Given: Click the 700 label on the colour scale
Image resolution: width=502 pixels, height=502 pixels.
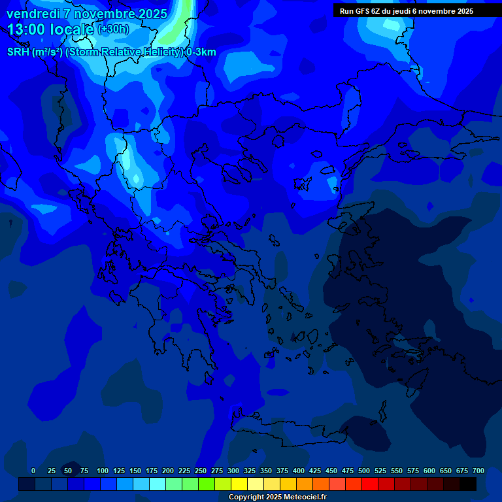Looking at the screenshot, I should coord(478,471).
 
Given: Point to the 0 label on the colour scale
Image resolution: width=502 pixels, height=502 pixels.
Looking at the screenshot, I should coord(33,471).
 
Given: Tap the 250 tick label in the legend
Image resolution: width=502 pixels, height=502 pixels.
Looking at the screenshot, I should coord(201,471).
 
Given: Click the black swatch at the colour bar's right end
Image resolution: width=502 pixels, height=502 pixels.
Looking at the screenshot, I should coord(468,484).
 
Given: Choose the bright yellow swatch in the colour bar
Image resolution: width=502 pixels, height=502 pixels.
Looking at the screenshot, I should coord(239,484).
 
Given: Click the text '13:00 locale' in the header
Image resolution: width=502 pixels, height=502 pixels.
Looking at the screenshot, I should coord(51,29).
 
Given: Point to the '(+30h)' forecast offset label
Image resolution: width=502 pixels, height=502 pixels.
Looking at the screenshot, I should coord(113,29).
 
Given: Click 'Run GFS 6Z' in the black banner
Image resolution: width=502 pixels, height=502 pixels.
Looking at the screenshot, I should coord(359,11).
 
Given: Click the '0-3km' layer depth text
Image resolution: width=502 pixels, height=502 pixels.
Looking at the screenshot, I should coord(201,52).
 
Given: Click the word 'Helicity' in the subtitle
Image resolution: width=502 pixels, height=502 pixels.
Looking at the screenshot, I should coord(159,52).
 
